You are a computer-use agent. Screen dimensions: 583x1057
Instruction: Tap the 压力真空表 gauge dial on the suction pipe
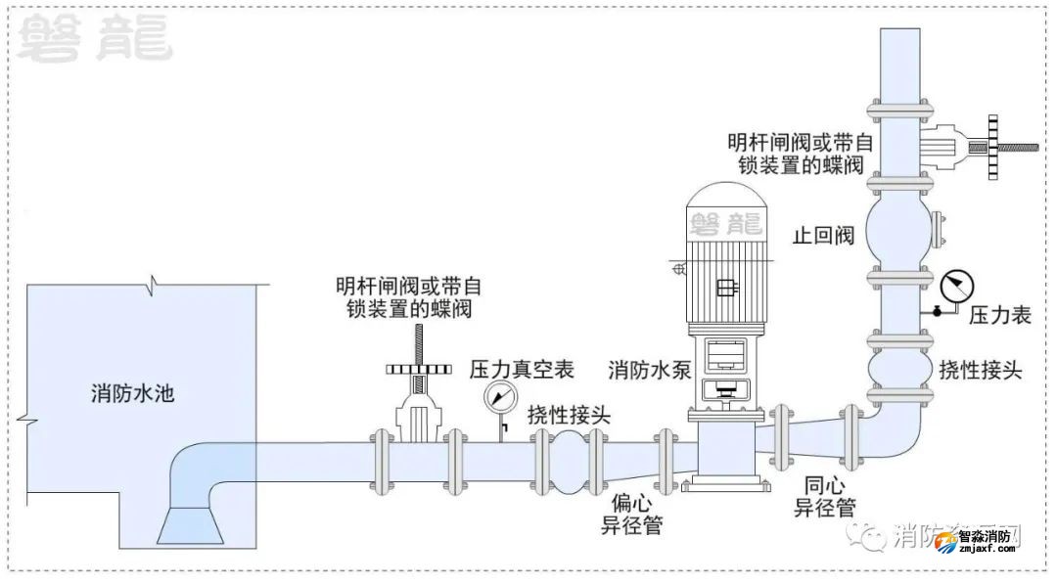501,396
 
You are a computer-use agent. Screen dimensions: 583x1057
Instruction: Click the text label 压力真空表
521,369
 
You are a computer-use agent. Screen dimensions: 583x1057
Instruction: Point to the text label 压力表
999,315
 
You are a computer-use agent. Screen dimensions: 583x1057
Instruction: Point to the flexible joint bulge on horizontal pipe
568,457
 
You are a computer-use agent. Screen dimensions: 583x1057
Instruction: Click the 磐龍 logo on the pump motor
724,224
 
